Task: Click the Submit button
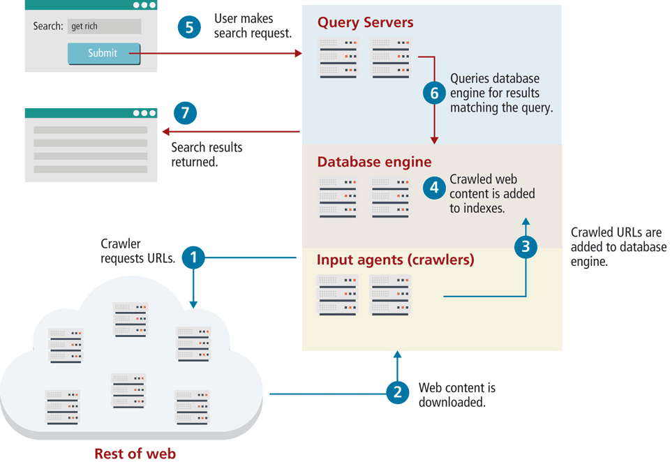[103, 53]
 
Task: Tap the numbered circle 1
[193, 258]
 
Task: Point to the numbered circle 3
[526, 245]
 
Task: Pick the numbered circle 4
[435, 187]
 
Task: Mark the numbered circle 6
[434, 93]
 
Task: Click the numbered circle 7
[185, 114]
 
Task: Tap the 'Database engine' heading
[374, 162]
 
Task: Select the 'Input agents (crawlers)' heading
[395, 260]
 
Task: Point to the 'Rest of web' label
[135, 454]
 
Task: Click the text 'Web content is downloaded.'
[456, 395]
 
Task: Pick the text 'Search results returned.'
[207, 155]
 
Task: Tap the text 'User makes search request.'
[252, 26]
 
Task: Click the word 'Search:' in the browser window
[48, 27]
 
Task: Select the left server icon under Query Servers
[338, 58]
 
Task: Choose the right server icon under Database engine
[390, 198]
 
